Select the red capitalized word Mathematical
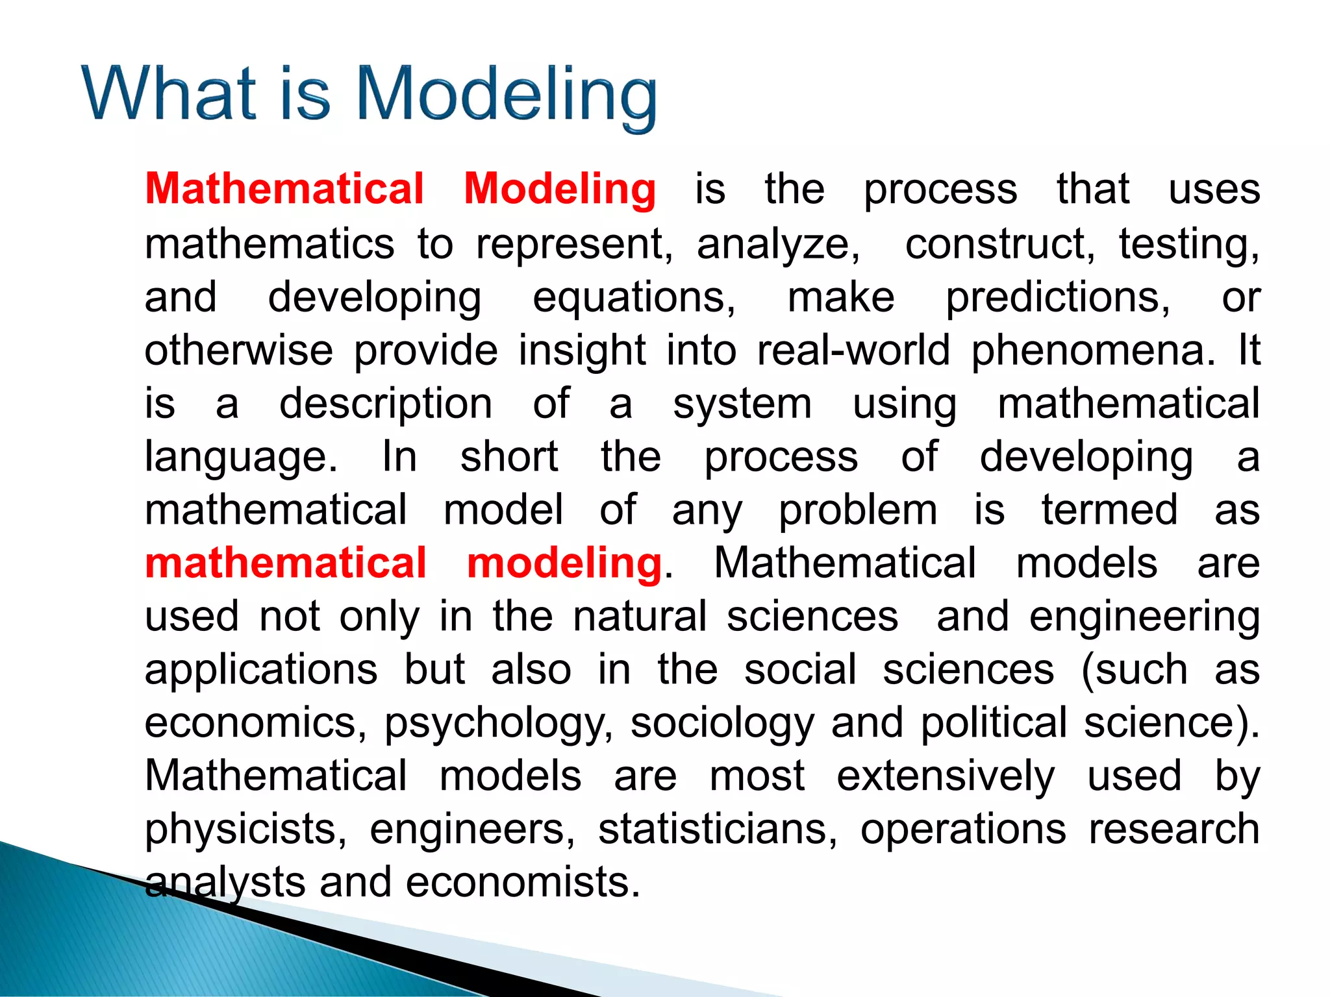tap(284, 189)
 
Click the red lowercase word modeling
tap(564, 563)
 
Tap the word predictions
tap(1058, 299)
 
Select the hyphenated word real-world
tap(853, 351)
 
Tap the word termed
tap(1109, 510)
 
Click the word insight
tap(582, 351)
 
